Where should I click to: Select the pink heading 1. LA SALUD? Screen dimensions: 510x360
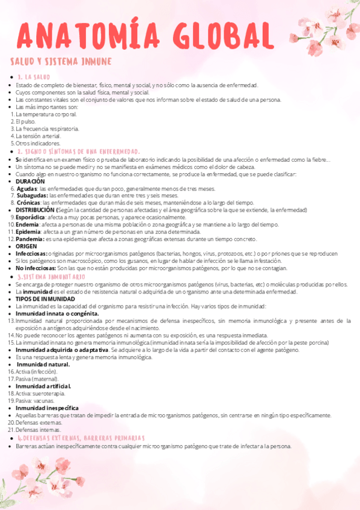[x=34, y=78]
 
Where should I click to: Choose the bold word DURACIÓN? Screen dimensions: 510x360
[x=30, y=181]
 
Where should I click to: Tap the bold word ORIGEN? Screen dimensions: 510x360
[x=26, y=247]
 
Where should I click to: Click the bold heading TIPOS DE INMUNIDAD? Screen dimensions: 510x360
[x=45, y=299]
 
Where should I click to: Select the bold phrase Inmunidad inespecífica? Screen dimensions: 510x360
[x=47, y=408]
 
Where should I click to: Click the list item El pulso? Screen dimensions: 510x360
[x=26, y=121]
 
